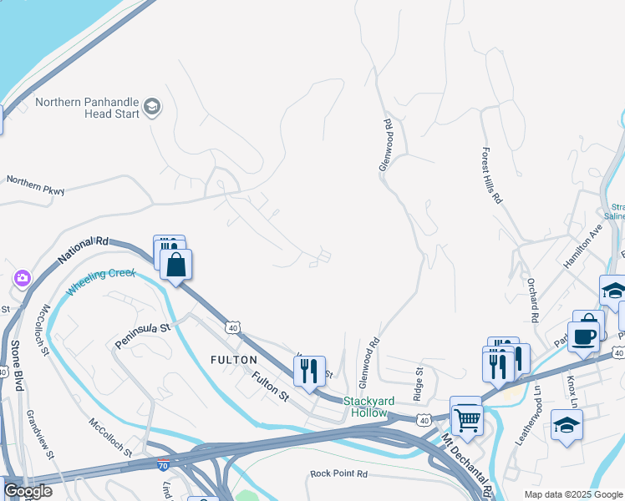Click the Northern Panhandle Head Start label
87,109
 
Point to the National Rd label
84,251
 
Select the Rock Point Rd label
338,473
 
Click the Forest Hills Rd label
490,176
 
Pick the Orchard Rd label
531,300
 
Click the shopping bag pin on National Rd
176,266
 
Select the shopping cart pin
467,418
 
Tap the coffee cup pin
584,336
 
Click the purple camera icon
21,278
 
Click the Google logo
28,492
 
